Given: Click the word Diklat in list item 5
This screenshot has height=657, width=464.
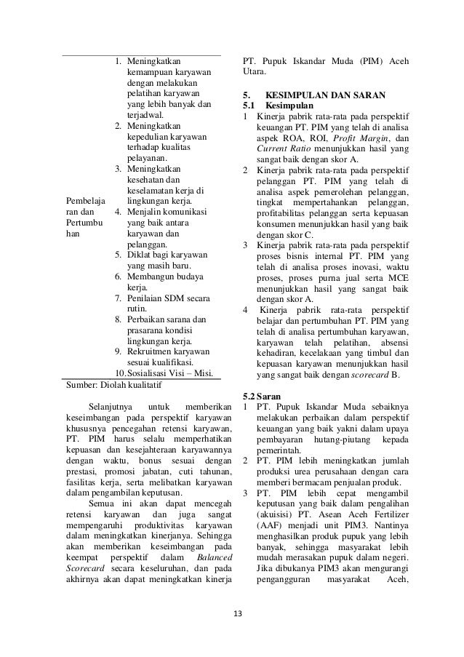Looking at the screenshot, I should point(140,255).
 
